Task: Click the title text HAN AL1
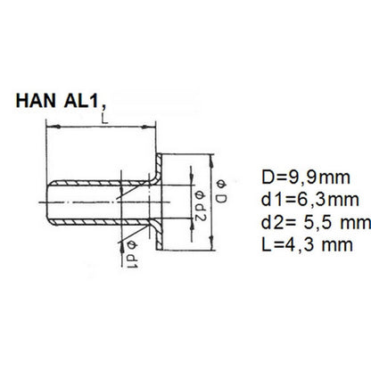[x=57, y=101]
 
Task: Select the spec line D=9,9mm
[x=306, y=177]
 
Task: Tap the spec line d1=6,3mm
[x=310, y=200]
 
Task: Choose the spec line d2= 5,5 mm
[x=316, y=223]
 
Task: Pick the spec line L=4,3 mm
[x=308, y=245]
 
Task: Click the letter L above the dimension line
[x=104, y=119]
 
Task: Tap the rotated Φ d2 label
[x=200, y=206]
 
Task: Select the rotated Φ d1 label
[x=132, y=254]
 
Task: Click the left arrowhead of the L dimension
[x=54, y=127]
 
